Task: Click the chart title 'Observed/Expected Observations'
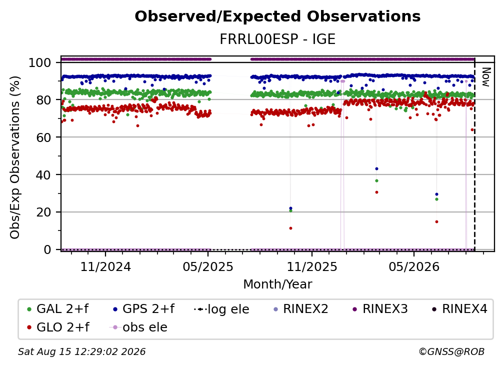(277, 16)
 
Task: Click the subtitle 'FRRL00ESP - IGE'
(277, 39)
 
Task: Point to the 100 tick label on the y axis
(40, 62)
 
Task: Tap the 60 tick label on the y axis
(43, 137)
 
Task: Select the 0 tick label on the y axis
(47, 249)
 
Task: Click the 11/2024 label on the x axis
(105, 266)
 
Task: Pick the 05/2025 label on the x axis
(208, 266)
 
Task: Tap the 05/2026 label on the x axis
(414, 266)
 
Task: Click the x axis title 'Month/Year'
(277, 284)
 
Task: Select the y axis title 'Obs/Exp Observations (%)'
(15, 157)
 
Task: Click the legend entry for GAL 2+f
(58, 309)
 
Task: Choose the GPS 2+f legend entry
(144, 309)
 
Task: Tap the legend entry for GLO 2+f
(58, 327)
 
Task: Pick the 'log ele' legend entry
(222, 309)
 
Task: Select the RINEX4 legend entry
(459, 309)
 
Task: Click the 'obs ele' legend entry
(138, 327)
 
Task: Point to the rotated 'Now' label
(485, 77)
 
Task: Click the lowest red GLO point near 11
(290, 228)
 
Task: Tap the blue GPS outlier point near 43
(376, 168)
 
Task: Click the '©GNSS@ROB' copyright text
(451, 352)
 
